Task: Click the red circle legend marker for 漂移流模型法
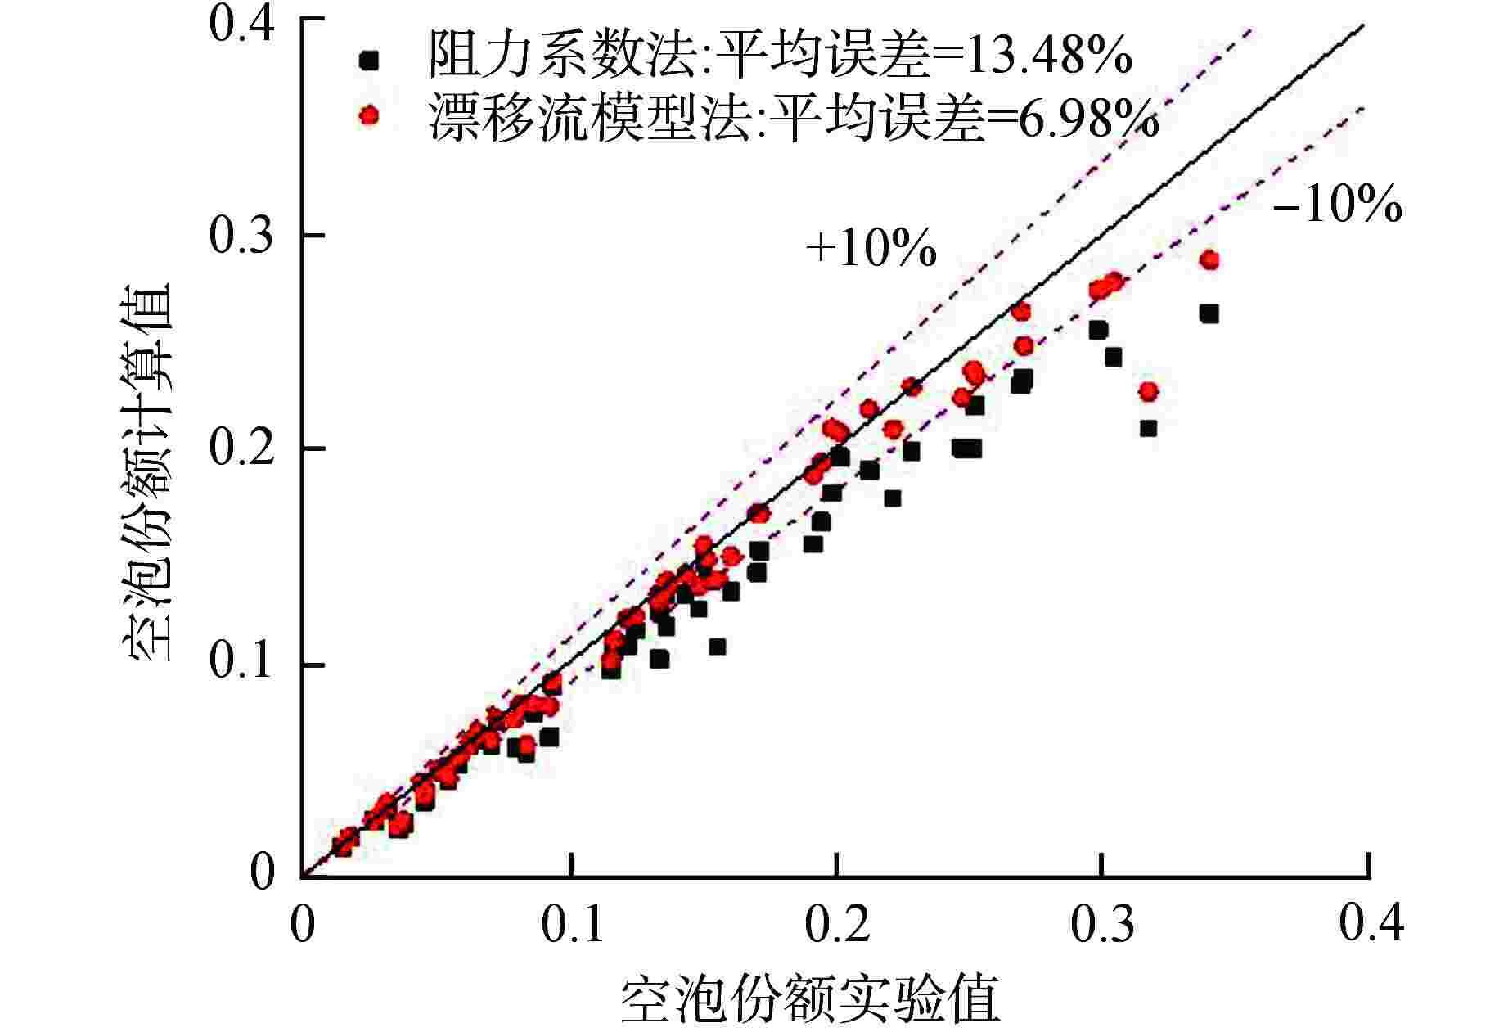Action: click(370, 115)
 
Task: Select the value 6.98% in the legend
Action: click(1083, 120)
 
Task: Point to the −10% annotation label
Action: click(1337, 205)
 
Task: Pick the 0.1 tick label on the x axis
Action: click(573, 923)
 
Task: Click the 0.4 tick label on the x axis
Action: click(1371, 923)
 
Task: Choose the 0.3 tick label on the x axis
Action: click(1103, 923)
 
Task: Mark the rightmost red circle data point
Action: click(1209, 260)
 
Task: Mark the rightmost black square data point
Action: click(1209, 314)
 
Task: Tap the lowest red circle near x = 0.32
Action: click(1149, 392)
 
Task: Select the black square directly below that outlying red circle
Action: click(1149, 428)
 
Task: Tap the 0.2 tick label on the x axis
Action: click(836, 923)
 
